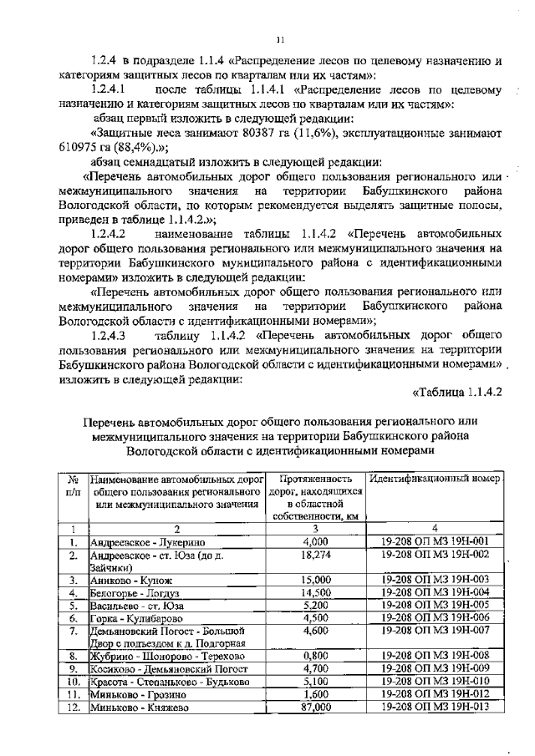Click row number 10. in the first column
click(x=73, y=682)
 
